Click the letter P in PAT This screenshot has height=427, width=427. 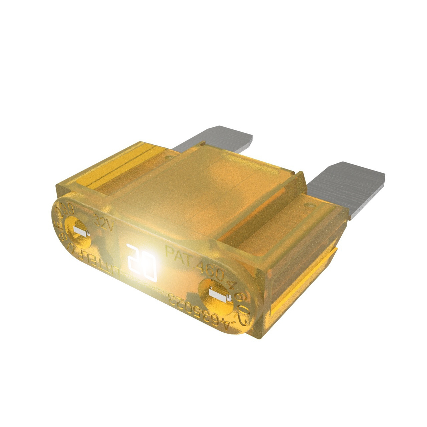click(x=170, y=250)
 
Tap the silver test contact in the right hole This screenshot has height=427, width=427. click(x=219, y=293)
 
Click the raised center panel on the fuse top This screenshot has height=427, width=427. click(x=207, y=187)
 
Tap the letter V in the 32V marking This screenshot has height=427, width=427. click(x=110, y=227)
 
